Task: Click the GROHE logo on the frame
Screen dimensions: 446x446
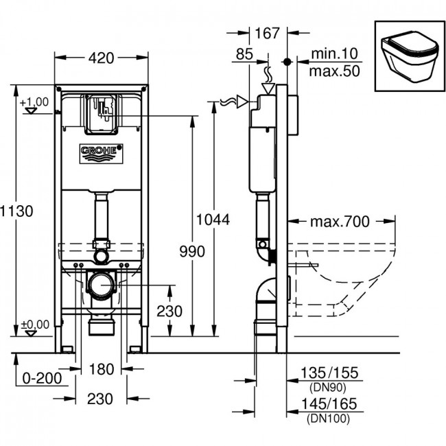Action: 101,154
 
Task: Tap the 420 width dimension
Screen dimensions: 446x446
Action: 102,58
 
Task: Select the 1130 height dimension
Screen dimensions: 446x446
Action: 16,211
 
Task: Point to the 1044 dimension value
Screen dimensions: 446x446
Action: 213,220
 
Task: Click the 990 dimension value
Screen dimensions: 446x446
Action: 192,251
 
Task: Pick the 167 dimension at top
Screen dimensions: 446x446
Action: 268,34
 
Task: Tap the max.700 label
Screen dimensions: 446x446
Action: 340,222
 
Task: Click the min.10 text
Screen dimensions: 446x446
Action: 335,54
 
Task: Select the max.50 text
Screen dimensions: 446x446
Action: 335,71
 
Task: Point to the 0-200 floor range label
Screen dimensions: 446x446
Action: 42,378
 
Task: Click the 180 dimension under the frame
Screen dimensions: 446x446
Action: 102,369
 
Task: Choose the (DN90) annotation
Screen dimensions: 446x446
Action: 328,388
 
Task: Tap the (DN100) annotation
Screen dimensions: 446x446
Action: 329,419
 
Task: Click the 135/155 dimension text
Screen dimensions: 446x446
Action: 329,373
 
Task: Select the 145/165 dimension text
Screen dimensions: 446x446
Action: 329,404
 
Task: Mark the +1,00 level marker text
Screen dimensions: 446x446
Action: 34,102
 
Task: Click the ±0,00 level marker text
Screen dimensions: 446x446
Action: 35,325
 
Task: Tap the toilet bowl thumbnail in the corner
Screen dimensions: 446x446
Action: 410,56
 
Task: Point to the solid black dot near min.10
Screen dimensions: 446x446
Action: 287,62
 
